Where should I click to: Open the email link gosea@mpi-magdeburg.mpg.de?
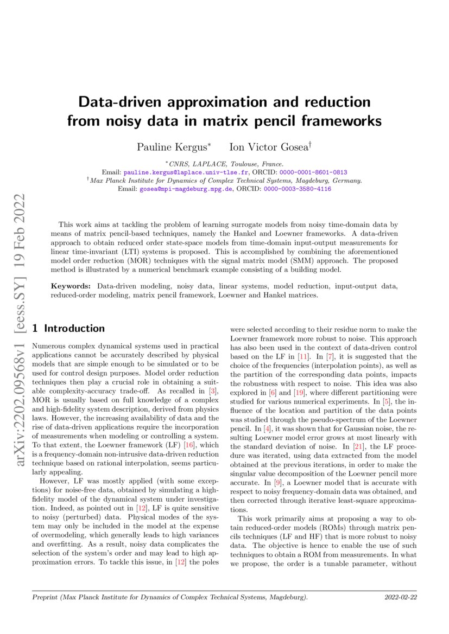tap(186, 189)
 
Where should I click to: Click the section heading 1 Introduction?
tap(68, 328)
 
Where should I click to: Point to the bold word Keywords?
tap(72, 286)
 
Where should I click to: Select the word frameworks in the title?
tap(339, 120)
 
